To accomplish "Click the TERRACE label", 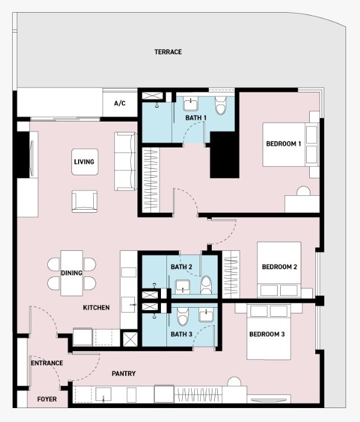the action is coord(168,52).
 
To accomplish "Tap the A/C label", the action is coord(120,103).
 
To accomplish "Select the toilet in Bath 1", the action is coord(220,105).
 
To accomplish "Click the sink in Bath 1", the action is coord(191,103).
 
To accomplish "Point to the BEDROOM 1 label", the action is coord(284,144).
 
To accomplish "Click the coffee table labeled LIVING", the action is coord(85,162).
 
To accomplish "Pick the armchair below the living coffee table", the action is coord(85,201).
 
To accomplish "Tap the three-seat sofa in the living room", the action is coord(125,161).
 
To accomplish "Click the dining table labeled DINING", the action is coord(71,273).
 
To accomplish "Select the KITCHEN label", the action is coord(96,308).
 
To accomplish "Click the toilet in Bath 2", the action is coord(206,285).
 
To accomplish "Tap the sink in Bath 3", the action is coord(206,314).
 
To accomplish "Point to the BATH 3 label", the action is coord(182,334).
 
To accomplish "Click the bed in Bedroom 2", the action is coord(279,270).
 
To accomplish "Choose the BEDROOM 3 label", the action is coord(267,334).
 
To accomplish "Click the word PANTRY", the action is coord(123,374).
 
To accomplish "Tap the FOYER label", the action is coord(47,399).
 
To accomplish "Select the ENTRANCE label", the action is coord(47,363).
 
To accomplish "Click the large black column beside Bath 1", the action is coord(224,155).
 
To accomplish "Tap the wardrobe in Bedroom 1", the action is coord(151,180).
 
